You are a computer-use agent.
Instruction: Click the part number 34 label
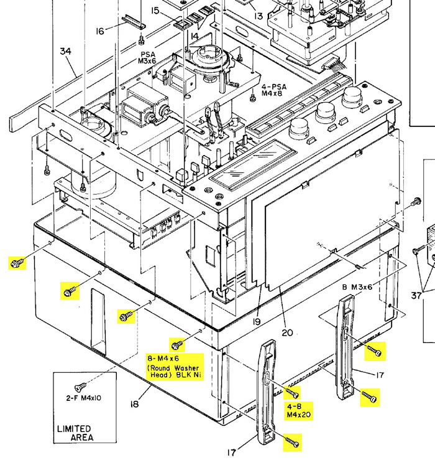coord(66,52)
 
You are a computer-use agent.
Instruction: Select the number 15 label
coord(155,11)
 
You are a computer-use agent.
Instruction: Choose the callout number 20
coord(286,332)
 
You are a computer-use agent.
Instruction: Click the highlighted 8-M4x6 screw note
coord(173,367)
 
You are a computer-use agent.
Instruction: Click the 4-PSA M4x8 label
coord(272,89)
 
